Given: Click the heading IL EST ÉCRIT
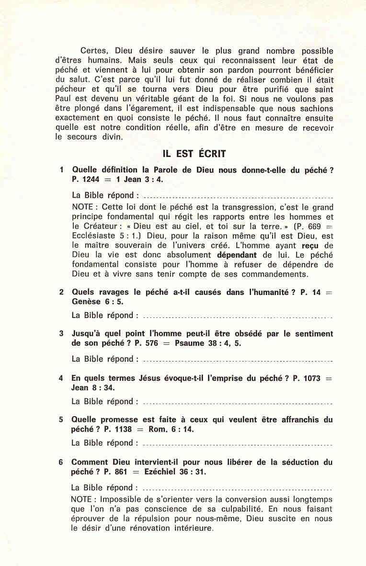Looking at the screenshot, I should [194, 154].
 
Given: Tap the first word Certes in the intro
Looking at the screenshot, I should [93, 51].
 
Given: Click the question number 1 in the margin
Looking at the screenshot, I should [62, 170].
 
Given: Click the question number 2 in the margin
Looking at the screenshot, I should [62, 292].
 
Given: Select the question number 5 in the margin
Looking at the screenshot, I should [61, 419].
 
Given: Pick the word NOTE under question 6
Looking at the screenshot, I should [84, 499].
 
